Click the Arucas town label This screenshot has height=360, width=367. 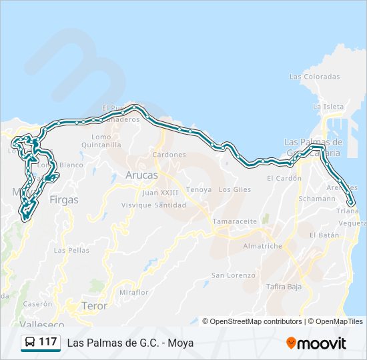[141, 175]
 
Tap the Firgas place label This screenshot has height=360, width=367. [64, 199]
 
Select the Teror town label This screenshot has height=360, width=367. [94, 306]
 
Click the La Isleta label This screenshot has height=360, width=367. [328, 107]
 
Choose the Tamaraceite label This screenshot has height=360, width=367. [235, 221]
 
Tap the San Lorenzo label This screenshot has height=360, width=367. [233, 275]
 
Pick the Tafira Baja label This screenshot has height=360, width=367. [284, 287]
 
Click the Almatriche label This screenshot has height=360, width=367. [263, 246]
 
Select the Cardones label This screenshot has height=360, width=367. [169, 155]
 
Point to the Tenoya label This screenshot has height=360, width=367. [199, 189]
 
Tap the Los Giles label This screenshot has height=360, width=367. [234, 189]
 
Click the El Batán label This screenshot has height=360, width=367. [324, 235]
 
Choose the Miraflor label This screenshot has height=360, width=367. [133, 293]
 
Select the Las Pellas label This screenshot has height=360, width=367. [71, 251]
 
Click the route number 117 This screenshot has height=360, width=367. [48, 342]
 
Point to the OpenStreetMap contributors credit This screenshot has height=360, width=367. [252, 321]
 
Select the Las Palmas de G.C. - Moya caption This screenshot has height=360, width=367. [130, 343]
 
